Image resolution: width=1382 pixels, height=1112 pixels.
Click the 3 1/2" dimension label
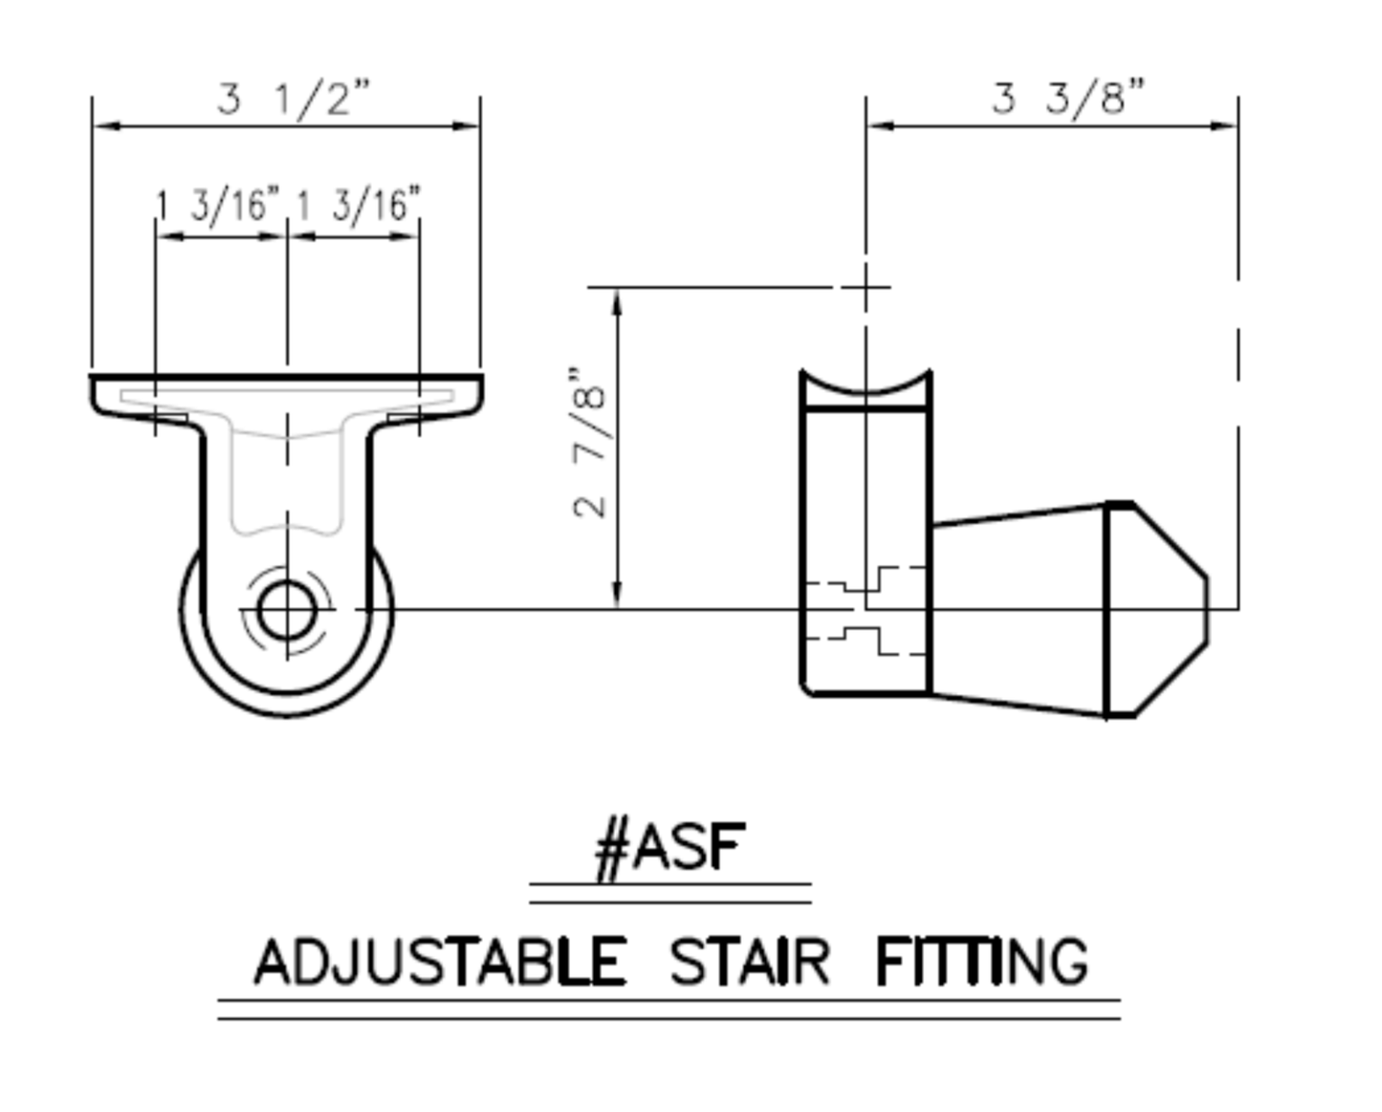[x=294, y=98]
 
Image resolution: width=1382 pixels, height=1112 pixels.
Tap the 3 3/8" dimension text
[x=1068, y=98]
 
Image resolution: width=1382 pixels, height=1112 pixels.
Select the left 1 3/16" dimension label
[x=219, y=207]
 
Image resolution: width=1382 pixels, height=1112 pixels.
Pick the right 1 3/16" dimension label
[x=359, y=207]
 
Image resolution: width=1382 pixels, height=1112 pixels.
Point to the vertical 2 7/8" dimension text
[x=589, y=443]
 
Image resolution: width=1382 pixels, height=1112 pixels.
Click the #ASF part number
[x=670, y=850]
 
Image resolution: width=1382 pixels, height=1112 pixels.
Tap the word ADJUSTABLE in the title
[x=440, y=961]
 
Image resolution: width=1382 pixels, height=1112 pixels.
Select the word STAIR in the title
[x=750, y=961]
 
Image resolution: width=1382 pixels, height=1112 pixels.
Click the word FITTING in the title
[x=982, y=961]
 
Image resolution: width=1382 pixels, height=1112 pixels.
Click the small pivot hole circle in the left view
[x=287, y=609]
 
